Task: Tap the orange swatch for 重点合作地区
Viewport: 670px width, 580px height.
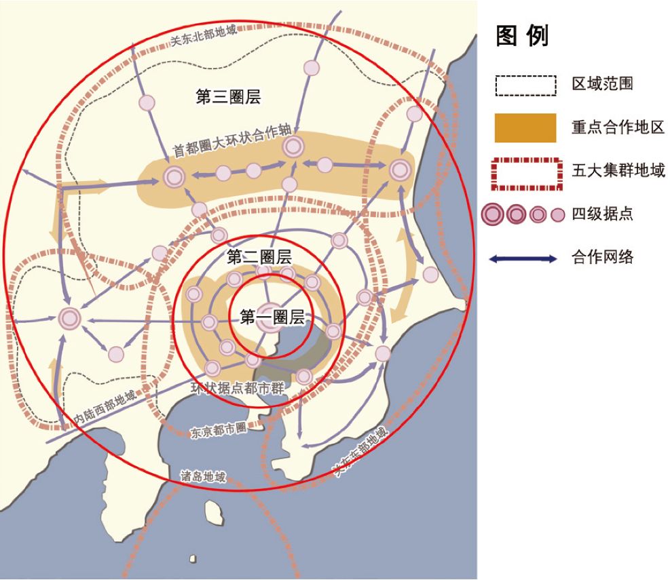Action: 525,128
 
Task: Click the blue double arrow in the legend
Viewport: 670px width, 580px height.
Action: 526,258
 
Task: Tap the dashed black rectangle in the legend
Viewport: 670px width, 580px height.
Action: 525,85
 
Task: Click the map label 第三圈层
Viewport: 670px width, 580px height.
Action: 228,96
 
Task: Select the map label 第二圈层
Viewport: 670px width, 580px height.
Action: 259,256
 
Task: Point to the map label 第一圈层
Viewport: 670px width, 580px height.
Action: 272,315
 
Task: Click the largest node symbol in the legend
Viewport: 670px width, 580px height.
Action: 494,215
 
